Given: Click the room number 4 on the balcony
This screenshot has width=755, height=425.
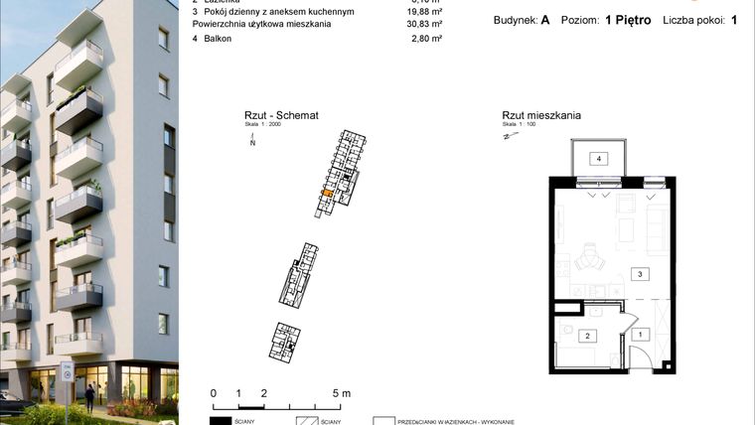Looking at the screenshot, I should (x=599, y=159).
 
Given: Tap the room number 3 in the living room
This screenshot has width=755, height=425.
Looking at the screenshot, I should (x=641, y=274).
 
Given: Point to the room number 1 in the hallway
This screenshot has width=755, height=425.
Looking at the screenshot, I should (x=641, y=335).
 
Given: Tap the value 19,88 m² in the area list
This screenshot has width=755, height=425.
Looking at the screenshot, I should (x=424, y=10).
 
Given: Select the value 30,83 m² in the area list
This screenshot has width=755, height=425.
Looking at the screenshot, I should (x=424, y=23).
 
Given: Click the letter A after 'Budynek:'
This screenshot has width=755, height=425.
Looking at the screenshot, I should (x=545, y=19).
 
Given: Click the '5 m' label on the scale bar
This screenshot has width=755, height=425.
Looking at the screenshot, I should (x=341, y=393).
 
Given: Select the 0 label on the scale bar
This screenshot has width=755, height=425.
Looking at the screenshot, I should (x=214, y=393).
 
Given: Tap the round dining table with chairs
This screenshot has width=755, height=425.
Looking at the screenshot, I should (x=588, y=260).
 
